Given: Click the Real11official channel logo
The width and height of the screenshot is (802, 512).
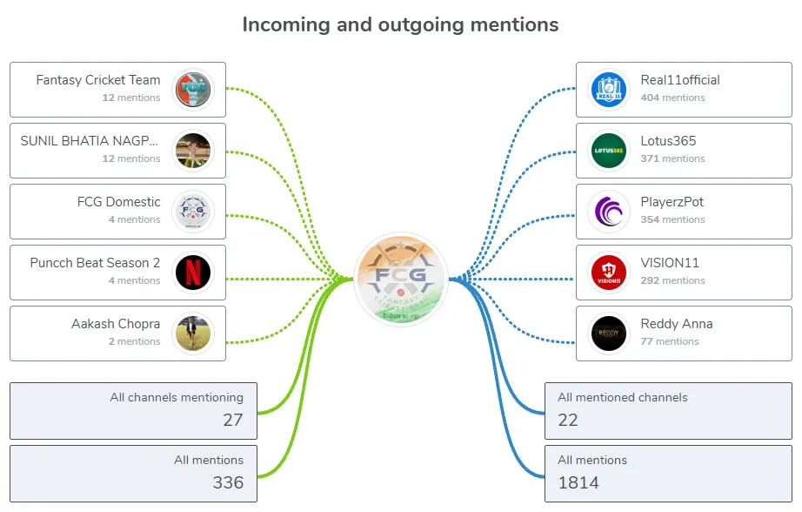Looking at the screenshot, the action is [609, 90].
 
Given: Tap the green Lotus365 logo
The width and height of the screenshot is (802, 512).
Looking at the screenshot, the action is [609, 151].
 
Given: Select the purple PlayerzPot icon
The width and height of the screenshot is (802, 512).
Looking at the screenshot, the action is [609, 212].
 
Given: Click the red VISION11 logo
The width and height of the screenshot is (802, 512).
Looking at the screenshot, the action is [609, 273].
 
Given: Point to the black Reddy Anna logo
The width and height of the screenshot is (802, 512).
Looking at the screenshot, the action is [609, 333].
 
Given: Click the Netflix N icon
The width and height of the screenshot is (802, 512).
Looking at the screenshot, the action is [193, 273].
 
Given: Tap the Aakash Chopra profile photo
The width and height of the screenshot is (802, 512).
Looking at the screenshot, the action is [193, 333].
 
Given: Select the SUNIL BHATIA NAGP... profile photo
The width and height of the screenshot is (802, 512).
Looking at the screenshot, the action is [193, 151].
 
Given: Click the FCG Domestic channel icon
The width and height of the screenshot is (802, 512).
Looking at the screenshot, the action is [193, 212].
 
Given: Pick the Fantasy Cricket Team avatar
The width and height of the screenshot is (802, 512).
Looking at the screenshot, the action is [193, 90].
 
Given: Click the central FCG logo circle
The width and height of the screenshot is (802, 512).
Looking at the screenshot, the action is [401, 279].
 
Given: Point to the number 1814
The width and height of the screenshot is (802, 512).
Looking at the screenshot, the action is [578, 482].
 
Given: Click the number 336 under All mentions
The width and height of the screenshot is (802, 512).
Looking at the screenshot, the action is [228, 482].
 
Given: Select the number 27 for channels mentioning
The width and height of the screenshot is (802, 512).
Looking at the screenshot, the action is [233, 420].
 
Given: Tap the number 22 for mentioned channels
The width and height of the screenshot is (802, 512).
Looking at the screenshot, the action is [568, 420].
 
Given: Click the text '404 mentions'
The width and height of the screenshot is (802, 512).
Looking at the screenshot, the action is [672, 98].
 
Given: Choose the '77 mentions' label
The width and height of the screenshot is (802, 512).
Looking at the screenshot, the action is [670, 341].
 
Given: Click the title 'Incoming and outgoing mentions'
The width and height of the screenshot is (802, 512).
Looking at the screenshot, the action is [400, 24].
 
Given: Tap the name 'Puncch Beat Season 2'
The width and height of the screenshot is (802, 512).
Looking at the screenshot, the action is [95, 263].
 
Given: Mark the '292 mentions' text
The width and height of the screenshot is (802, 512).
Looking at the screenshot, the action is [672, 280].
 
